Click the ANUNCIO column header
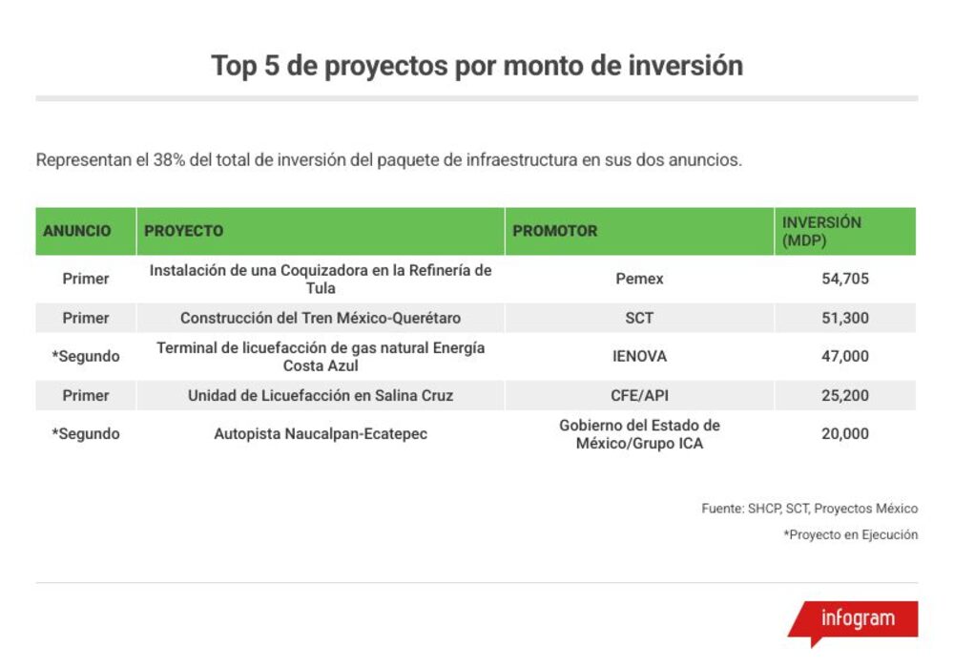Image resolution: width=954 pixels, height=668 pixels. pos(76,231)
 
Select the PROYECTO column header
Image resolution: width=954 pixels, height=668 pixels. pos(184,231)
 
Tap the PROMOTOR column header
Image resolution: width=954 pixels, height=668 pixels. pos(555,231)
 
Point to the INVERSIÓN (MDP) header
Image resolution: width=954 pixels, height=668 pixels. pos(821,231)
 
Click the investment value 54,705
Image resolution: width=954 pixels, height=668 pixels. pos(845,279)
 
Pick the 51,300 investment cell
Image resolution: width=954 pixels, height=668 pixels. pos(845,318)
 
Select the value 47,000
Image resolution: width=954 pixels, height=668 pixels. pos(845,356)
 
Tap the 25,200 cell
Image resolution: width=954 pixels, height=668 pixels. pos(845,395)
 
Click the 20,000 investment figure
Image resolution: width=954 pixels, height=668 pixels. pos(845,434)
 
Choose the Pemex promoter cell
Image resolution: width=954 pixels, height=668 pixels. pos(639,279)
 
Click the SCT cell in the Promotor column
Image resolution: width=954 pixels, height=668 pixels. pos(639,318)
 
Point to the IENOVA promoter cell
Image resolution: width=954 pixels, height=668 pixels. pos(639,356)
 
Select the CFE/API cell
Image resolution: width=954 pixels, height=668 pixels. pos(639,395)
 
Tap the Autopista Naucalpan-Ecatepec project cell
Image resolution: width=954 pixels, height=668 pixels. pos(321,434)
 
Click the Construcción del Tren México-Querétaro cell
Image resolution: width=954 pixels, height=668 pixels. pos(321,318)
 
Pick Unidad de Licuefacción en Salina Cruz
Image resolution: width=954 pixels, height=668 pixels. pos(321,395)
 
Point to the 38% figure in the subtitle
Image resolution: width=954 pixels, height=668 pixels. pos(169,160)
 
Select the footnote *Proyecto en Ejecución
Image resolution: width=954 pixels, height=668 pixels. pos(851,534)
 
